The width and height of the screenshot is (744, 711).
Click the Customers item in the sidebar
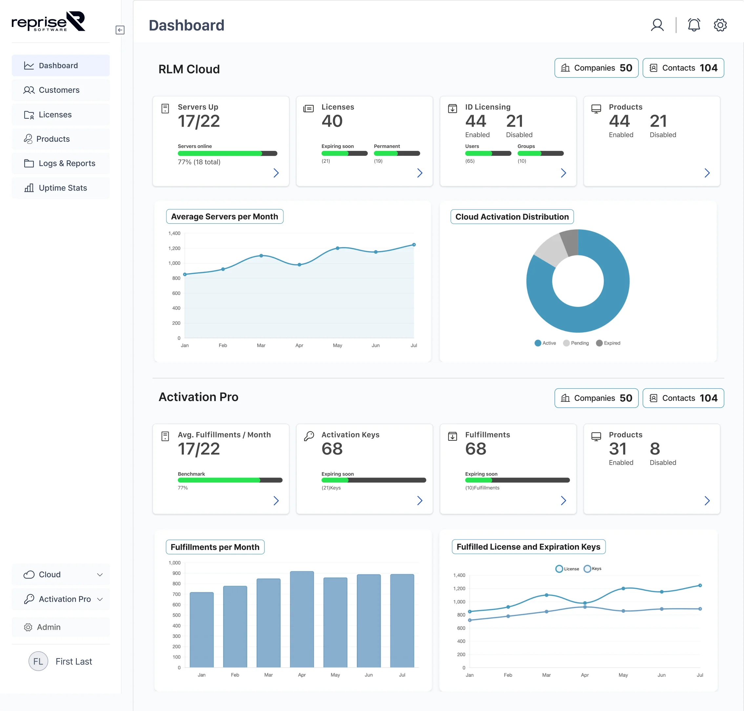pyautogui.click(x=59, y=90)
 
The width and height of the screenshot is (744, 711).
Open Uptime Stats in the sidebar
pyautogui.click(x=63, y=188)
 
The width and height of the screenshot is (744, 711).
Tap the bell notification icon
pyautogui.click(x=693, y=25)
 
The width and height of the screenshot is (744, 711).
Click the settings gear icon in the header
pyautogui.click(x=720, y=25)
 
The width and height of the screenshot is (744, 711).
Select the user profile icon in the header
pyautogui.click(x=657, y=25)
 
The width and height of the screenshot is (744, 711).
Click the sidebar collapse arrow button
pyautogui.click(x=120, y=30)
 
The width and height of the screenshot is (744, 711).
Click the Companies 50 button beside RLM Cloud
pyautogui.click(x=596, y=68)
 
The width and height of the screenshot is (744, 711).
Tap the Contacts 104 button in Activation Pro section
pyautogui.click(x=683, y=398)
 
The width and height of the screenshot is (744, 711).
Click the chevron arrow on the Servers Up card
pyautogui.click(x=276, y=173)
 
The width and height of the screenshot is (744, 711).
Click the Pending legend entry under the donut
pyautogui.click(x=576, y=343)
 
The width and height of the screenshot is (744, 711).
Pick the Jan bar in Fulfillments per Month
pyautogui.click(x=201, y=630)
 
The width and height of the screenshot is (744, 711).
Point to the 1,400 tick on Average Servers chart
pyautogui.click(x=174, y=234)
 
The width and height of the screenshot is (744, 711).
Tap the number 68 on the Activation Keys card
pyautogui.click(x=332, y=449)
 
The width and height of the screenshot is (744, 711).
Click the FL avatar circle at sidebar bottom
pyautogui.click(x=38, y=661)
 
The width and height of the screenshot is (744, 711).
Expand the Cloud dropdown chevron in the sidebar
pyautogui.click(x=100, y=575)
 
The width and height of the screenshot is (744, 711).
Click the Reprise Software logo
pyautogui.click(x=48, y=22)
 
